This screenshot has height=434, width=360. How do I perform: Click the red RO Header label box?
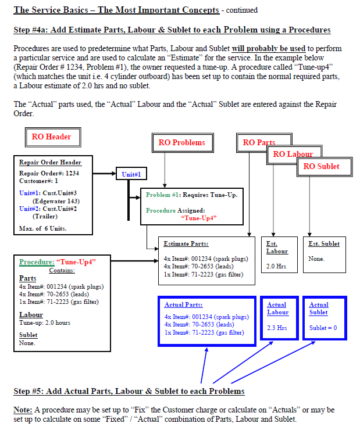point(51,137)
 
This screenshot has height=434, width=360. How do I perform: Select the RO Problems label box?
point(181,143)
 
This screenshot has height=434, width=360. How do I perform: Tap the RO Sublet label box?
point(321,166)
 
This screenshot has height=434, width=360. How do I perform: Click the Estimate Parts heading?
point(186,244)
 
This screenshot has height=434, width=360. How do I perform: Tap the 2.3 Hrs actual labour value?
point(277,328)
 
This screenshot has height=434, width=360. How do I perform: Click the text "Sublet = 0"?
point(323,328)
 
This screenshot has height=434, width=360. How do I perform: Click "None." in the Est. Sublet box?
point(316,259)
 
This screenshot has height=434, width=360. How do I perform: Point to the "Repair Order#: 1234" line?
point(49,173)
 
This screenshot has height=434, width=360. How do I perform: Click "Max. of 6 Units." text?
point(42,228)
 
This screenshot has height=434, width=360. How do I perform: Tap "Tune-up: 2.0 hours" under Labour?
point(45,322)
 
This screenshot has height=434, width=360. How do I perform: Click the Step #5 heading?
point(129,391)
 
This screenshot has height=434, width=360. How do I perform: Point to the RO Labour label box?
point(293,154)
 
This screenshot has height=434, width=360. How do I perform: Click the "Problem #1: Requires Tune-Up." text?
point(191,195)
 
